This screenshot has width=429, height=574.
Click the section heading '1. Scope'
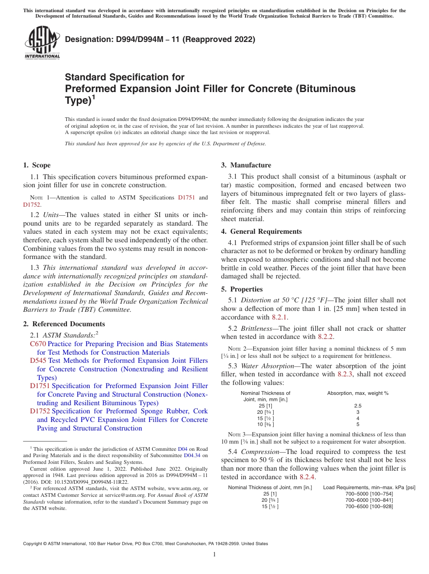pyautogui.click(x=37, y=165)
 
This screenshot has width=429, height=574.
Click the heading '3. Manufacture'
pyautogui.click(x=246, y=165)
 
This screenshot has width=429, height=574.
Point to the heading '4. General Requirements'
pyautogui.click(x=261, y=231)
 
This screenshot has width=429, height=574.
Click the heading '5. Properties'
pyautogui.click(x=242, y=289)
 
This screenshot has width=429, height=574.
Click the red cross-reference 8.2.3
pyautogui.click(x=345, y=374)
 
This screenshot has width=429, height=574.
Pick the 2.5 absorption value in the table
pyautogui.click(x=358, y=406)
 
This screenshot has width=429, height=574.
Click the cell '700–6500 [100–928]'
pyautogui.click(x=369, y=506)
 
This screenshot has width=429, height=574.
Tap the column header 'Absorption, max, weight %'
pyautogui.click(x=358, y=393)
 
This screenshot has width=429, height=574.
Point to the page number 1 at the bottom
pyautogui.click(x=214, y=555)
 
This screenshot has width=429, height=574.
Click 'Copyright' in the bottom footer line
pyautogui.click(x=33, y=544)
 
